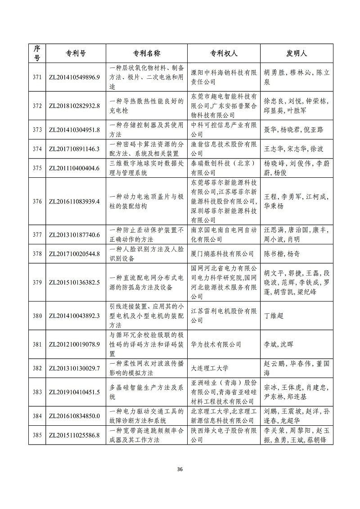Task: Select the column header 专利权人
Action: tap(224, 53)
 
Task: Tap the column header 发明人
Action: tap(297, 53)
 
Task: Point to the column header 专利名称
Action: tap(147, 53)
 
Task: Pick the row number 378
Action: tap(37, 254)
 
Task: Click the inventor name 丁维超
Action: tap(273, 316)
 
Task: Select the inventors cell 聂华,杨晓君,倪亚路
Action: tap(293, 130)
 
